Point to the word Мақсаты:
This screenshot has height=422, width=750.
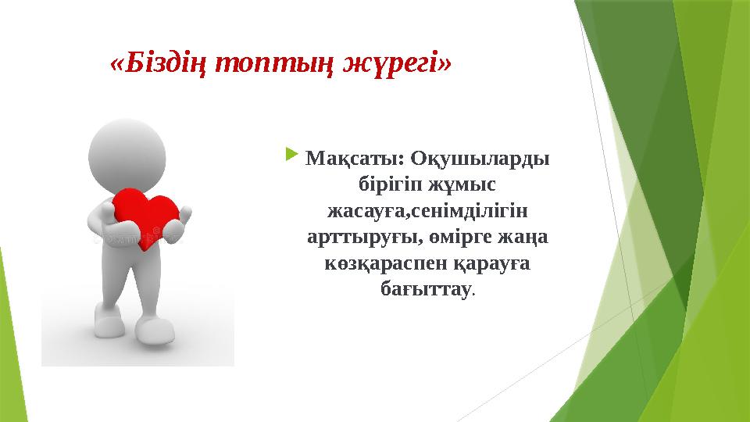[x=352, y=158]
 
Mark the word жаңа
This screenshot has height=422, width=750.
[x=527, y=238]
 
